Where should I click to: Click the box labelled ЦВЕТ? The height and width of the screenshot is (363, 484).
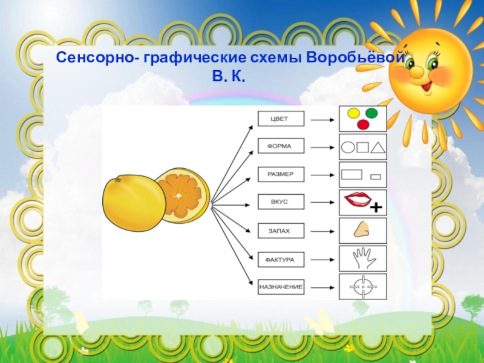[x=281, y=119]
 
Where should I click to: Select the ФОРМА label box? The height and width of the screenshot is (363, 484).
[x=281, y=146]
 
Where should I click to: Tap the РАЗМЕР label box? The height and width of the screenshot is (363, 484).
[x=281, y=174]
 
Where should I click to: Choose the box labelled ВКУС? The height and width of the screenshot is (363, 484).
[x=281, y=202]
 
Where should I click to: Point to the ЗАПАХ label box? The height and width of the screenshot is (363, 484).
[x=281, y=231]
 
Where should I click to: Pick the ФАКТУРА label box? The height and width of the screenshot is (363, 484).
[x=281, y=259]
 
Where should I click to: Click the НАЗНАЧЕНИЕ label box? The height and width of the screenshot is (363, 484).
[x=281, y=286]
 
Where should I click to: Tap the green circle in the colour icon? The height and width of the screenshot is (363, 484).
[x=371, y=113]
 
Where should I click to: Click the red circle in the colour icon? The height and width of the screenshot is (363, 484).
[x=363, y=125]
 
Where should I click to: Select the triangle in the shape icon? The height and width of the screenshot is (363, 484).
[x=378, y=147]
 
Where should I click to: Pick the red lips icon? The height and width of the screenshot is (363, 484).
[x=357, y=198]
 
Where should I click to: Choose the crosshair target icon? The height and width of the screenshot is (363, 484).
[x=361, y=286]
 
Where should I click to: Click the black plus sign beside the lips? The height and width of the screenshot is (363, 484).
[x=376, y=208]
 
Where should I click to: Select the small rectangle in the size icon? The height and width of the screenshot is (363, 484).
[x=376, y=177]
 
